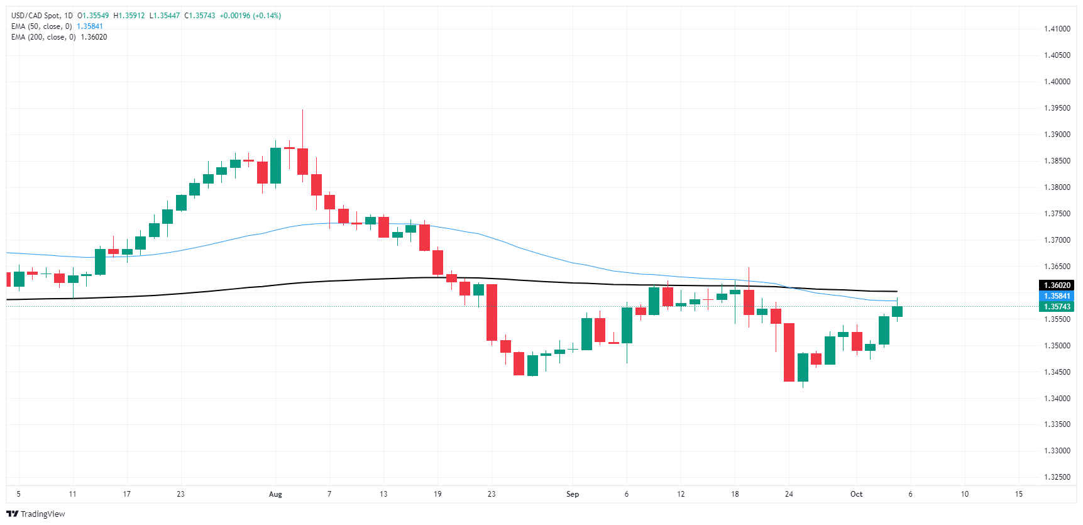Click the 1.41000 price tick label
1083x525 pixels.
point(1057,29)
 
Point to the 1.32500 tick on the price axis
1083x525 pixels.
point(1057,477)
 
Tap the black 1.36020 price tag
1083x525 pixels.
point(1057,285)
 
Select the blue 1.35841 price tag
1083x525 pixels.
point(1057,296)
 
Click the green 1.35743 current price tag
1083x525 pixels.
point(1057,307)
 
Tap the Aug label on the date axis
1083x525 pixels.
point(275,494)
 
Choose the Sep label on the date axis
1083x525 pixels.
point(572,494)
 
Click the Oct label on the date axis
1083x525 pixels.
point(856,494)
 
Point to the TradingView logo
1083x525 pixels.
point(36,514)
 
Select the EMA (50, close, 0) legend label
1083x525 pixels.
point(41,26)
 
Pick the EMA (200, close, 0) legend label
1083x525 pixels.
point(43,37)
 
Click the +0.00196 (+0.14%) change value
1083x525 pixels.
point(250,16)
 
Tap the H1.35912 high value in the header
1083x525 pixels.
point(129,16)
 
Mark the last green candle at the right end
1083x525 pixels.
point(897,311)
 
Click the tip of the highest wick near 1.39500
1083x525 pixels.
point(302,110)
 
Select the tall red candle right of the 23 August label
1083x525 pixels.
point(492,312)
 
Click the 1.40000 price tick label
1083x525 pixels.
point(1057,82)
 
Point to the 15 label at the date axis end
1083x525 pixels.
point(1018,494)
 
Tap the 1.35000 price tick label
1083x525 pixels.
point(1057,346)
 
